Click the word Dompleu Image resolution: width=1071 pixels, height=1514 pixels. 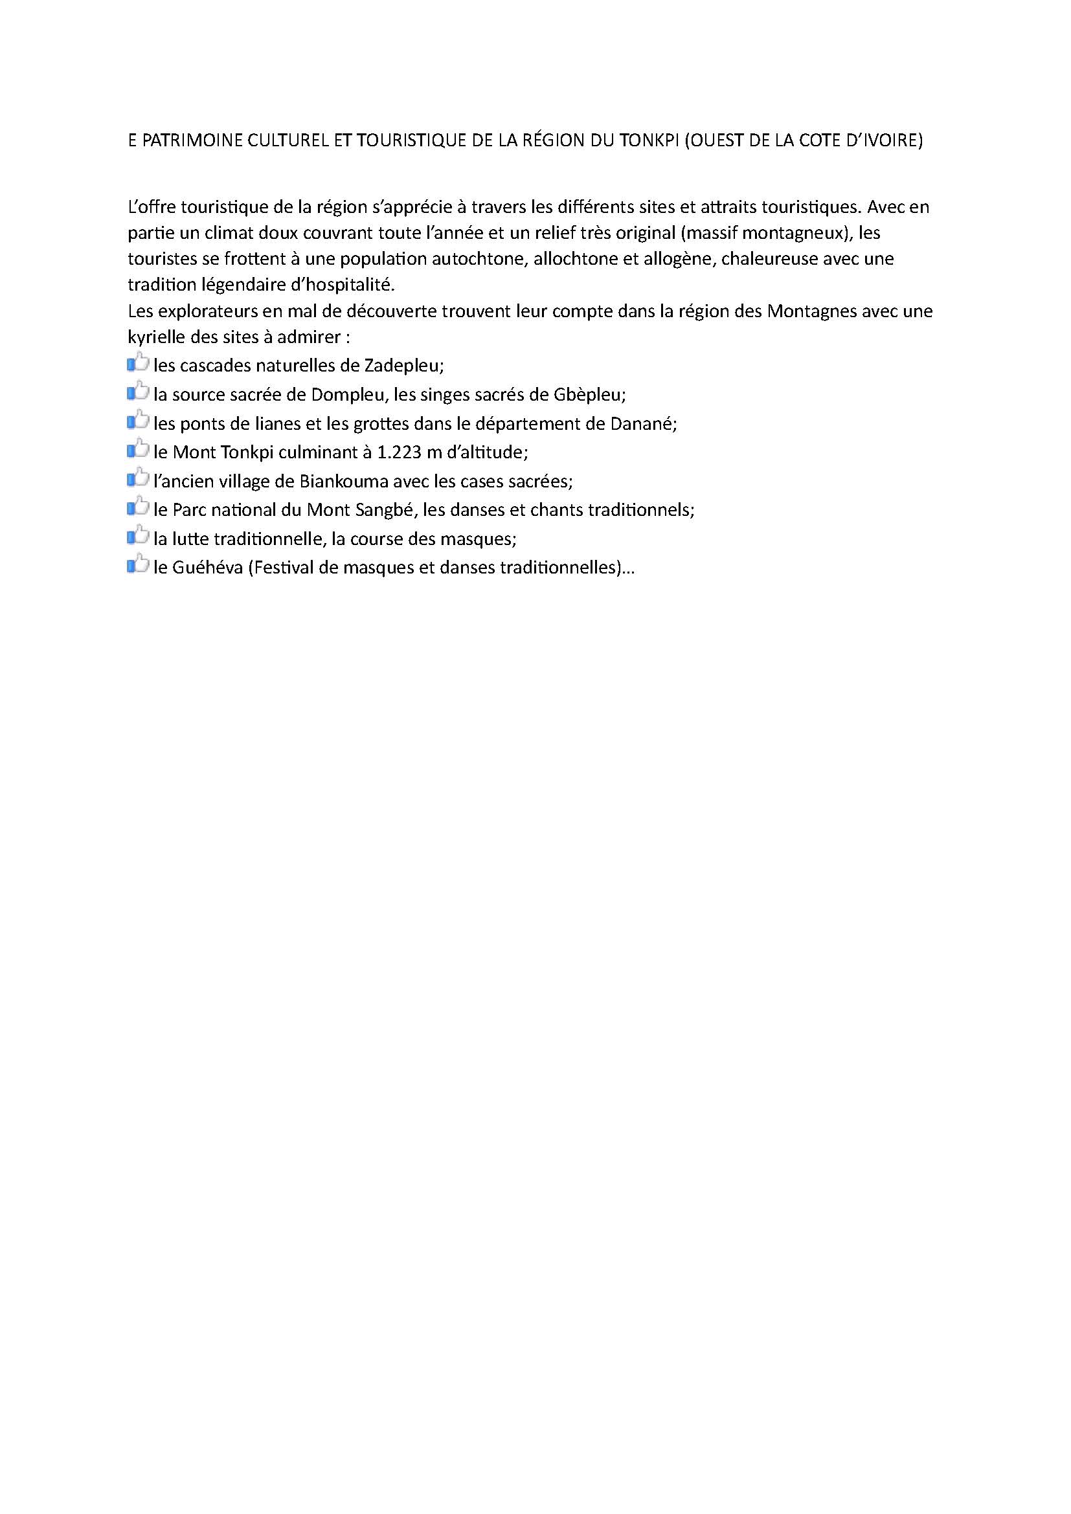(x=347, y=395)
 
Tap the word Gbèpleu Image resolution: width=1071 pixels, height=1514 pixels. (x=591, y=395)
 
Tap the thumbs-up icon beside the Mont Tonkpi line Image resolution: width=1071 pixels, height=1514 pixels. (x=138, y=450)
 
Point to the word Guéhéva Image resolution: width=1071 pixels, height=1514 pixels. (x=207, y=568)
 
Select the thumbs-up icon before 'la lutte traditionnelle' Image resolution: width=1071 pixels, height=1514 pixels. (x=138, y=536)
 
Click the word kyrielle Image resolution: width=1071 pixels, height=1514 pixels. (x=155, y=337)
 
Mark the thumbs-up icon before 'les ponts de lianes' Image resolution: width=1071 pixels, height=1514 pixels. (x=138, y=421)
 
